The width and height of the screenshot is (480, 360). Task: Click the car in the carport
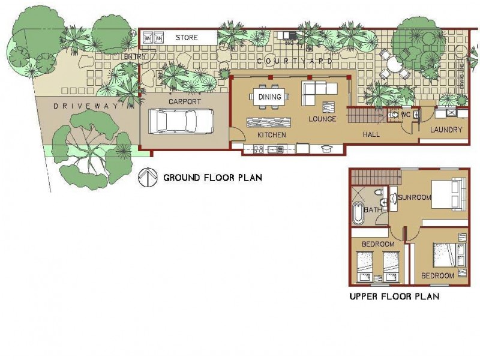184,122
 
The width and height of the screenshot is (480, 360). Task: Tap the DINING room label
269,97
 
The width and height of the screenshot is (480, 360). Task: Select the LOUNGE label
322,119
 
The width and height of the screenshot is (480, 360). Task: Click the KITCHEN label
271,135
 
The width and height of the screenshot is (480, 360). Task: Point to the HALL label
371,135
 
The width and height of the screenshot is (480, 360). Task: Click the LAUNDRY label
446,130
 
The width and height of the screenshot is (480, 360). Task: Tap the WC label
406,113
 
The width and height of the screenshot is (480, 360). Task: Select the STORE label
187,38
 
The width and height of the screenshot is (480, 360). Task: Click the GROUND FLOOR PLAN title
212,178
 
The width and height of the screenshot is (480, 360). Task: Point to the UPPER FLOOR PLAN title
394,296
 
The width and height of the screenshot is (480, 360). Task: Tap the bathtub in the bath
358,214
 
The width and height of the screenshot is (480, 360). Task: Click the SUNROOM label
415,197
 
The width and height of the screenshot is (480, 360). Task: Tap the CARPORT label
184,102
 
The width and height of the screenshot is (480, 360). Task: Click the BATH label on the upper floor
373,210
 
